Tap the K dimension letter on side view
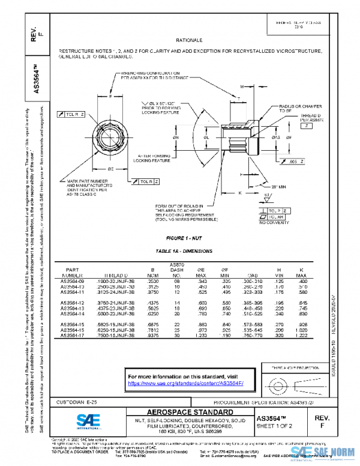[x=239, y=193]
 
